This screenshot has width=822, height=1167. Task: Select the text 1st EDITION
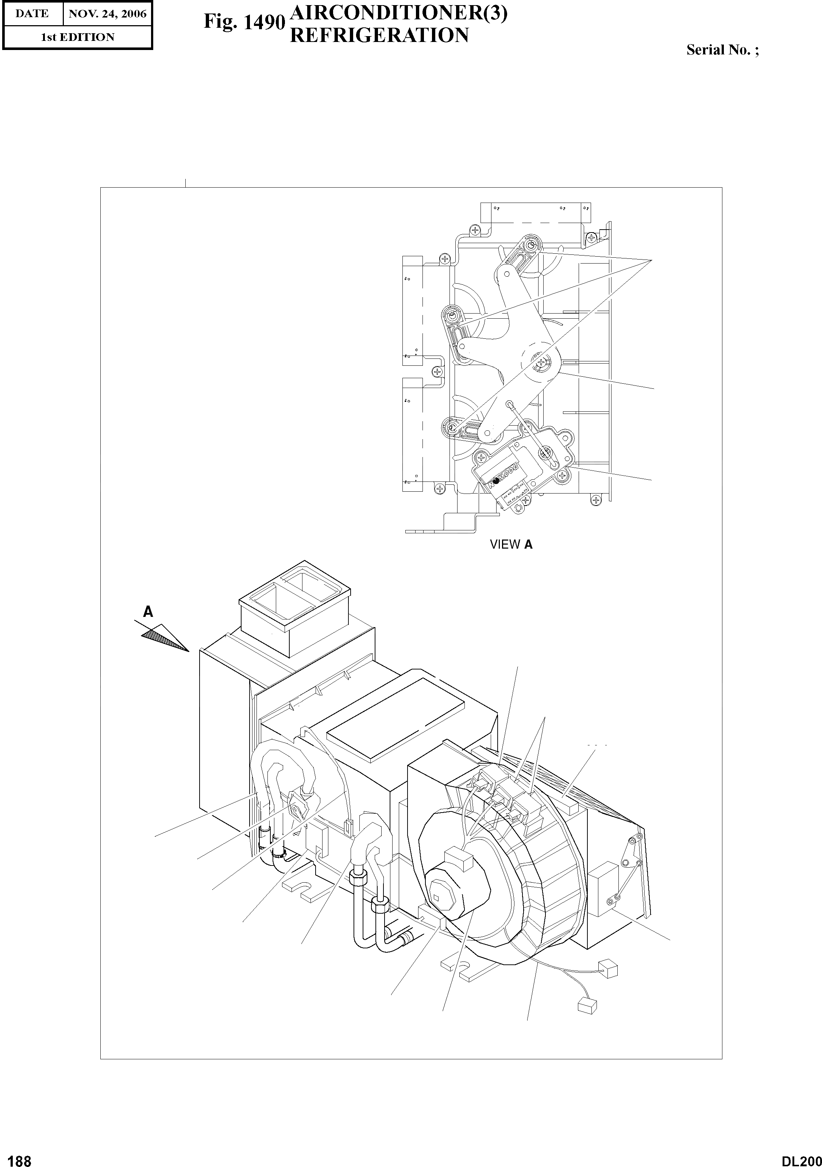tap(77, 37)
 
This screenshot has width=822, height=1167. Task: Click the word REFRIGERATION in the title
tap(378, 35)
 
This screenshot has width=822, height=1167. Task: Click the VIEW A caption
tap(510, 544)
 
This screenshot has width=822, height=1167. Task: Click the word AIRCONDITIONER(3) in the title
tap(398, 15)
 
